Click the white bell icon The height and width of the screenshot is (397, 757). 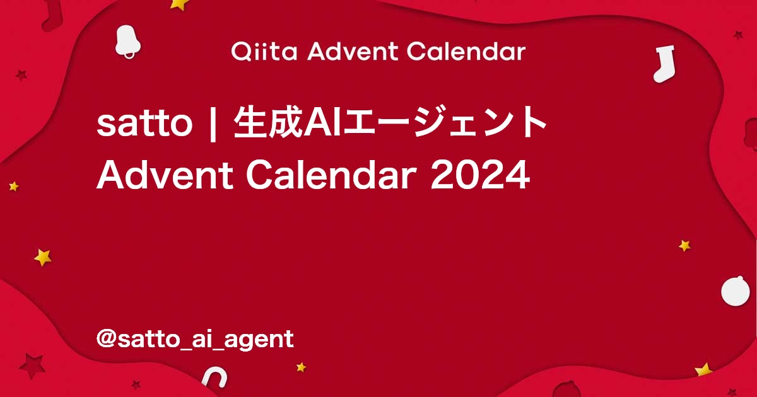tap(127, 42)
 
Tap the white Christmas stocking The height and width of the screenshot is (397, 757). tap(664, 64)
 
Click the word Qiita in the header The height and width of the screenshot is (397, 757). tap(264, 52)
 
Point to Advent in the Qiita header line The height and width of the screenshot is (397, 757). tap(353, 51)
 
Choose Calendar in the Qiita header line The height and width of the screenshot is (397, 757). tap(466, 51)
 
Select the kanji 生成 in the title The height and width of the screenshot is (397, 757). tap(268, 122)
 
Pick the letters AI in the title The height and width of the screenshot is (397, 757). tap(322, 122)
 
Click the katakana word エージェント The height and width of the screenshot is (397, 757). tap(444, 122)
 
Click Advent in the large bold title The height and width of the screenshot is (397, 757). tap(165, 175)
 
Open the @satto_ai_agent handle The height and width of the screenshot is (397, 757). tap(195, 339)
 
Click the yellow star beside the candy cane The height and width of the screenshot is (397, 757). tap(301, 367)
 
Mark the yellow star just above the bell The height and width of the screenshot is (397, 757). tap(179, 4)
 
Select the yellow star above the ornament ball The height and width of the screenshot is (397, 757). tap(684, 245)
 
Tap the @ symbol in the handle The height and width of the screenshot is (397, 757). tap(107, 338)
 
